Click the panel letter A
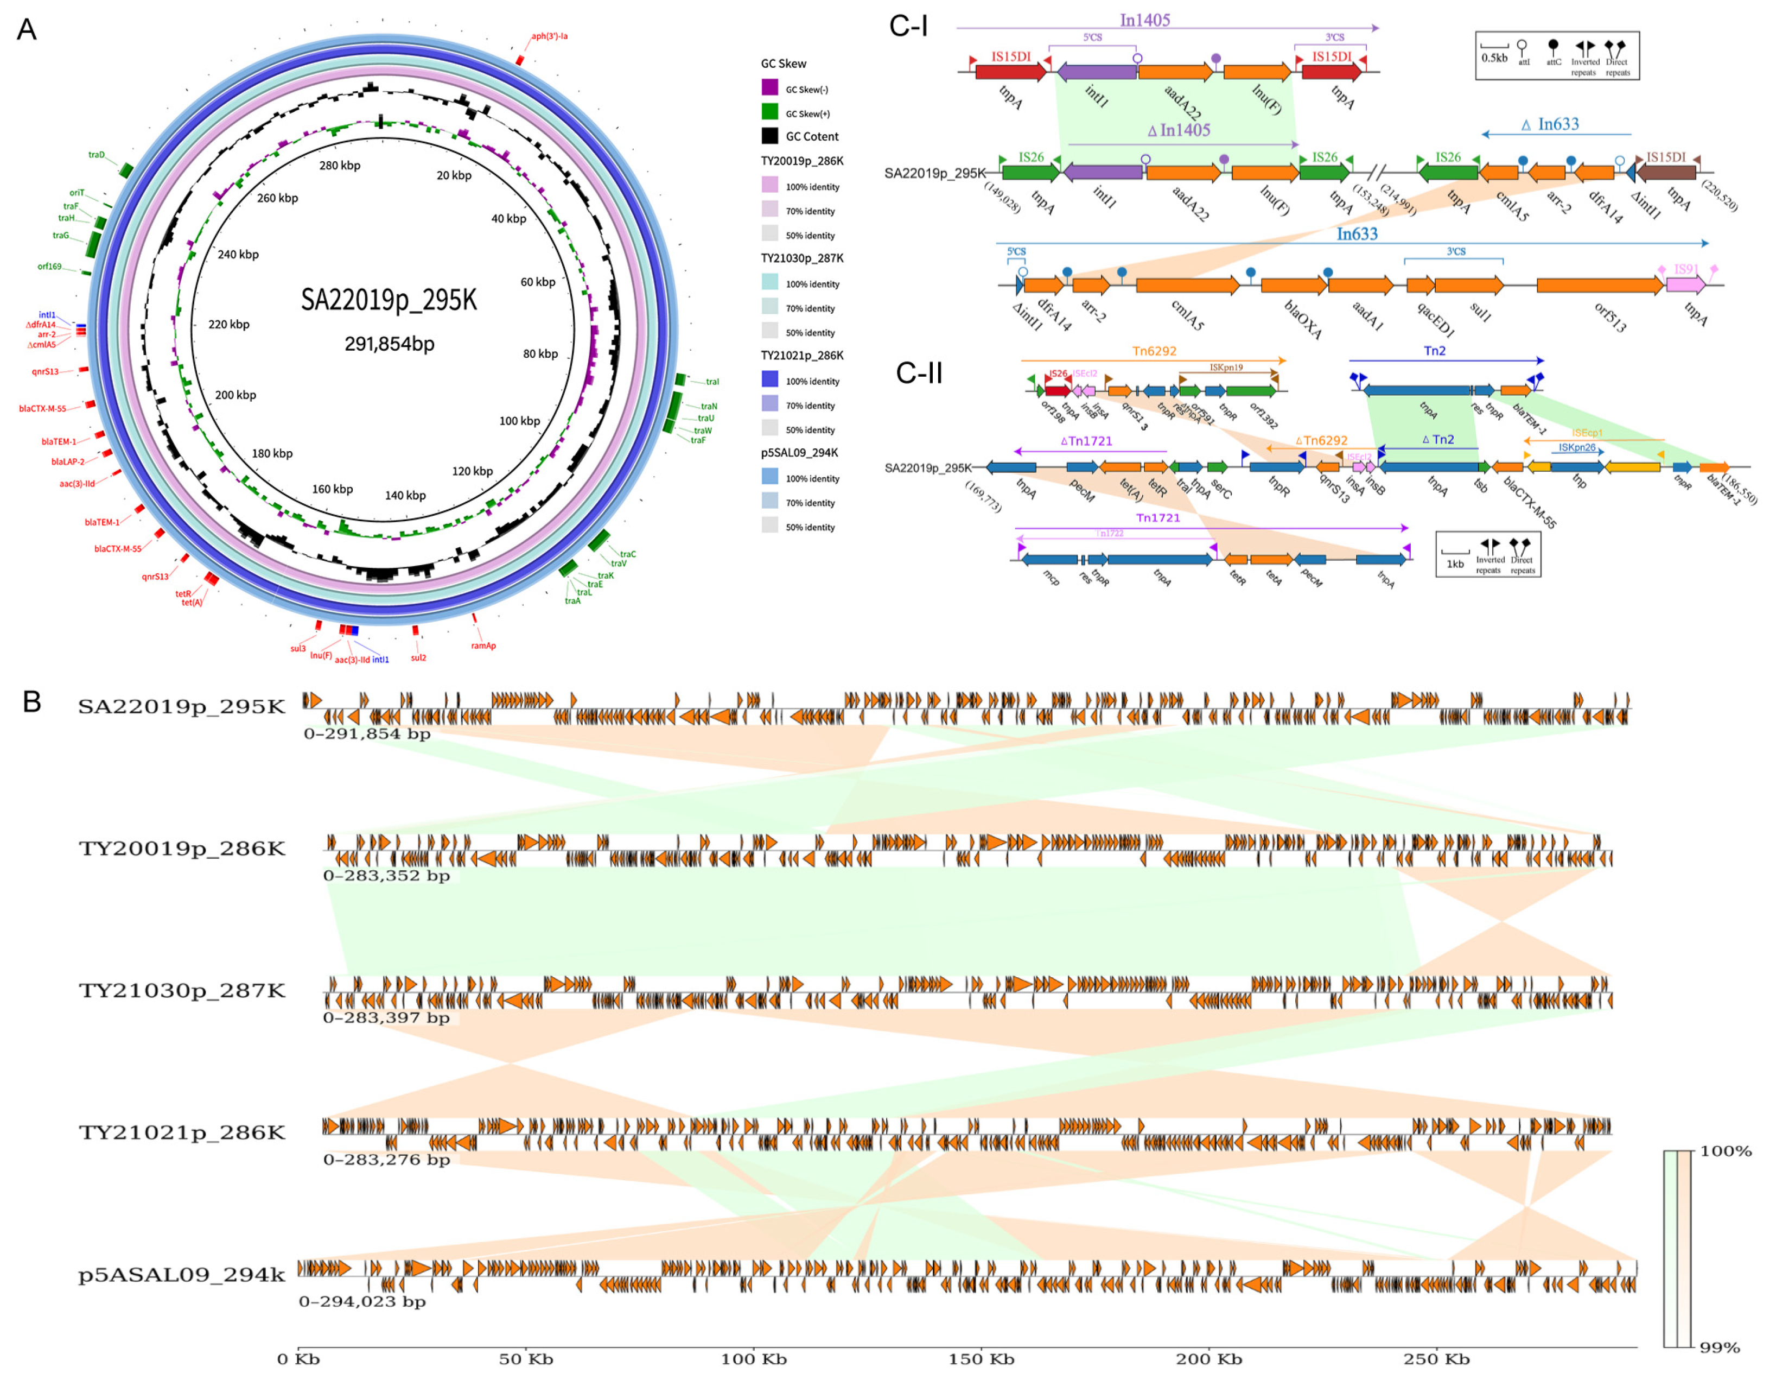pos(27,30)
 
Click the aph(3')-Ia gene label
pos(549,36)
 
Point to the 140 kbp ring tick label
pos(405,495)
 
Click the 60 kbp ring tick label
pos(538,282)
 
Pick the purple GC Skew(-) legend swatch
pos(769,88)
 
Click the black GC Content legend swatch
pos(769,136)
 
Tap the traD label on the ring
pos(97,155)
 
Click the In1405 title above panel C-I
pos(1144,20)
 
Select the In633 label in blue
pos(1357,234)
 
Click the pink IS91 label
pos(1686,269)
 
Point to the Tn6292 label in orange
pos(1154,351)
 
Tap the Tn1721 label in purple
pos(1157,518)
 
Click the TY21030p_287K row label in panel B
pos(182,991)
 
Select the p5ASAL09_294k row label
pos(182,1275)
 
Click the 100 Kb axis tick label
pos(753,1359)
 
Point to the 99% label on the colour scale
pos(1719,1348)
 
